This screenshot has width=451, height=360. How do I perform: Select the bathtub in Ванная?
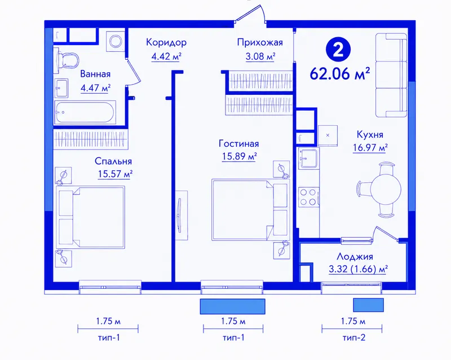coord(85,112)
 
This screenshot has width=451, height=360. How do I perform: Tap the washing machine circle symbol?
coord(116,41)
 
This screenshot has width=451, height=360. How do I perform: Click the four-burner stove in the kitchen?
coord(308,197)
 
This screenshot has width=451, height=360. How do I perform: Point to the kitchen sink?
coord(308,158)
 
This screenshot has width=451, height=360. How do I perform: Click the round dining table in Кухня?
coord(386,189)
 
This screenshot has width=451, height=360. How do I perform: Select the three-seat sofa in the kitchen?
coord(391,75)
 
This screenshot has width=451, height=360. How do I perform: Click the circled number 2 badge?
coord(338,50)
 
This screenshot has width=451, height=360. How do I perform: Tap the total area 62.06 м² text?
coord(340,74)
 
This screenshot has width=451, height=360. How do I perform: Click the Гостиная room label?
coord(238,143)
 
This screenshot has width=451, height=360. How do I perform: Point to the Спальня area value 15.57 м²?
coord(115,174)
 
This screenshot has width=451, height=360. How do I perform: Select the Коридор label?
coord(166,42)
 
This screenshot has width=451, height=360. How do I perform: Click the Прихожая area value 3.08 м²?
coord(260,56)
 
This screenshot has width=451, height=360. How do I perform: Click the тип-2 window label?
coord(354,337)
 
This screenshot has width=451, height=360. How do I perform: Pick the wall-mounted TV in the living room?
coord(180,215)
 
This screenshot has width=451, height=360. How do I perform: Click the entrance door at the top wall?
coord(251,15)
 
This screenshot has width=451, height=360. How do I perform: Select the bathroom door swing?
coord(133,71)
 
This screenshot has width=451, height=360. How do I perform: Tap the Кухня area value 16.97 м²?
coord(370,148)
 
